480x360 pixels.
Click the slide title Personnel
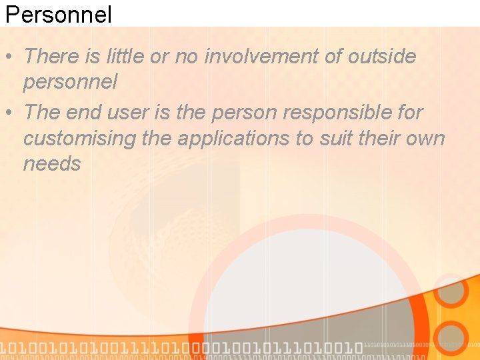pyautogui.click(x=58, y=14)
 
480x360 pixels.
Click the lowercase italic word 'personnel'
pyautogui.click(x=70, y=82)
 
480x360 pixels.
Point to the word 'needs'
pyautogui.click(x=52, y=163)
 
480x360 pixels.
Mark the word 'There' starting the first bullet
pyautogui.click(x=51, y=57)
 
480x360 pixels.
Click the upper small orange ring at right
pyautogui.click(x=451, y=291)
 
